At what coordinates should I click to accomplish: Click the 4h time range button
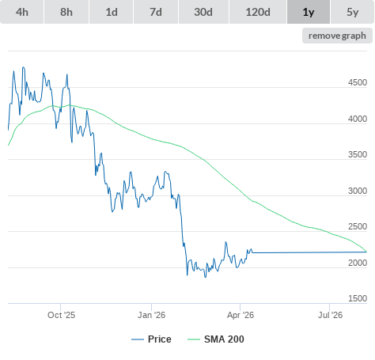22,12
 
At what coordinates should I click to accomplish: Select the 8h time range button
66,12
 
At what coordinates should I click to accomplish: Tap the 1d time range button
112,12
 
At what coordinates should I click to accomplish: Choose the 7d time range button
156,12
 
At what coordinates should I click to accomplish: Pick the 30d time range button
203,12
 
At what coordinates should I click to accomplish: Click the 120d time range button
258,12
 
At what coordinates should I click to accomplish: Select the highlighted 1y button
309,12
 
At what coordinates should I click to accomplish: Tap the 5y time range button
353,12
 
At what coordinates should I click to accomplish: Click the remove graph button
337,36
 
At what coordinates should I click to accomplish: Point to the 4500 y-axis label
358,82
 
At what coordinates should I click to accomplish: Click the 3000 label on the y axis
358,191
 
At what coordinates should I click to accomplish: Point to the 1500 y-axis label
358,298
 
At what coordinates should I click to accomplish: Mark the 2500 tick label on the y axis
358,226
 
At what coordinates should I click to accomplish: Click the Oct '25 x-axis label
61,315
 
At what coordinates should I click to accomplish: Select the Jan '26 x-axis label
151,315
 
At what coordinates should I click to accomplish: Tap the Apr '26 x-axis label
241,315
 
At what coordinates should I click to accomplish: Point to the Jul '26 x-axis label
330,315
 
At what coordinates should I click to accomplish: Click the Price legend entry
151,339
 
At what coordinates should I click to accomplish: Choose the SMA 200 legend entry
216,339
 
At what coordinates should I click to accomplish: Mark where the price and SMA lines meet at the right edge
366,252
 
